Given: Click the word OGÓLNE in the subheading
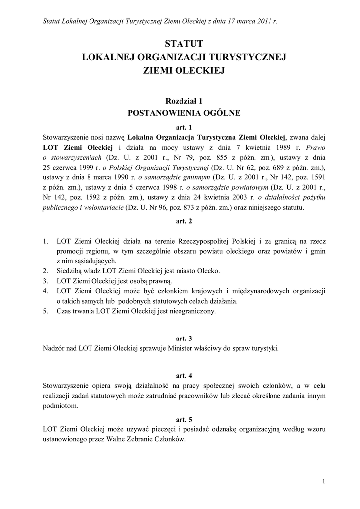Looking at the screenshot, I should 220,113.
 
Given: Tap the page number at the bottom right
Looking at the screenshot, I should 324,481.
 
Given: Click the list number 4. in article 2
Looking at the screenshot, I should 45,291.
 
